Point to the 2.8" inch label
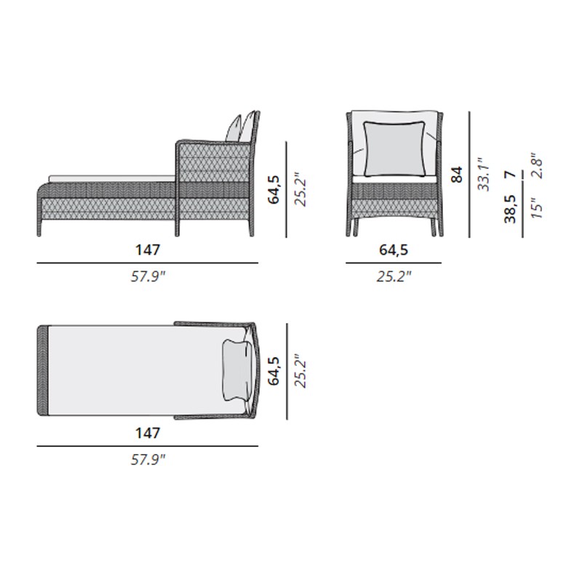pos(536,166)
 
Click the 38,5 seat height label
pos(510,209)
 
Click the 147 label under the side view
pos(148,250)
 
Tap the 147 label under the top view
pos(148,433)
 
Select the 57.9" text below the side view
pos(148,276)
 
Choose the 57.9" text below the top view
pos(148,460)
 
